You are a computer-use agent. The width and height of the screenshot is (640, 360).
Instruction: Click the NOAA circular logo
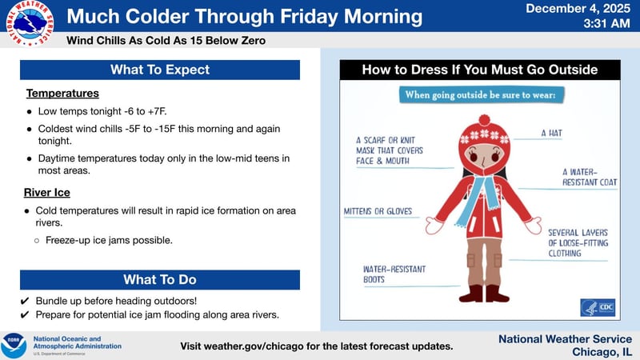coord(14,345)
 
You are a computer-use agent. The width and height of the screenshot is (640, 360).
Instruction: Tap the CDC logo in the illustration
coord(598,308)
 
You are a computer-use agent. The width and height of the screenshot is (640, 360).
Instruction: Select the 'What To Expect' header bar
coord(160,70)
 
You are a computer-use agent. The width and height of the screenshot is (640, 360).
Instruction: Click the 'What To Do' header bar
coord(160,279)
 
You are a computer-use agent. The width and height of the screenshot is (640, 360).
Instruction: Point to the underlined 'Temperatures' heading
coord(62,94)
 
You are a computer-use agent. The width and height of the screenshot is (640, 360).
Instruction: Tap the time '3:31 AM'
coord(609,24)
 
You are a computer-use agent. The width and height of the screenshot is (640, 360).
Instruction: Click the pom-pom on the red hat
coord(483,120)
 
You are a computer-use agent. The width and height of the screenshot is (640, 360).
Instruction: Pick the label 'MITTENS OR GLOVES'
coord(378,211)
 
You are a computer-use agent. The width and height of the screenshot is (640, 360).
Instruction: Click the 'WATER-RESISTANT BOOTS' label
coord(394,274)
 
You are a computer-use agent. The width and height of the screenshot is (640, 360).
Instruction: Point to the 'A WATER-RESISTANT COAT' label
coord(590,177)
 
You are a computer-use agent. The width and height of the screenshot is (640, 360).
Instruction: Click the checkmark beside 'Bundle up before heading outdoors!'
coord(25,301)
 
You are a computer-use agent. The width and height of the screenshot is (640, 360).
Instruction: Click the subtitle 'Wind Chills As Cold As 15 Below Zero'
coord(166,40)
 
